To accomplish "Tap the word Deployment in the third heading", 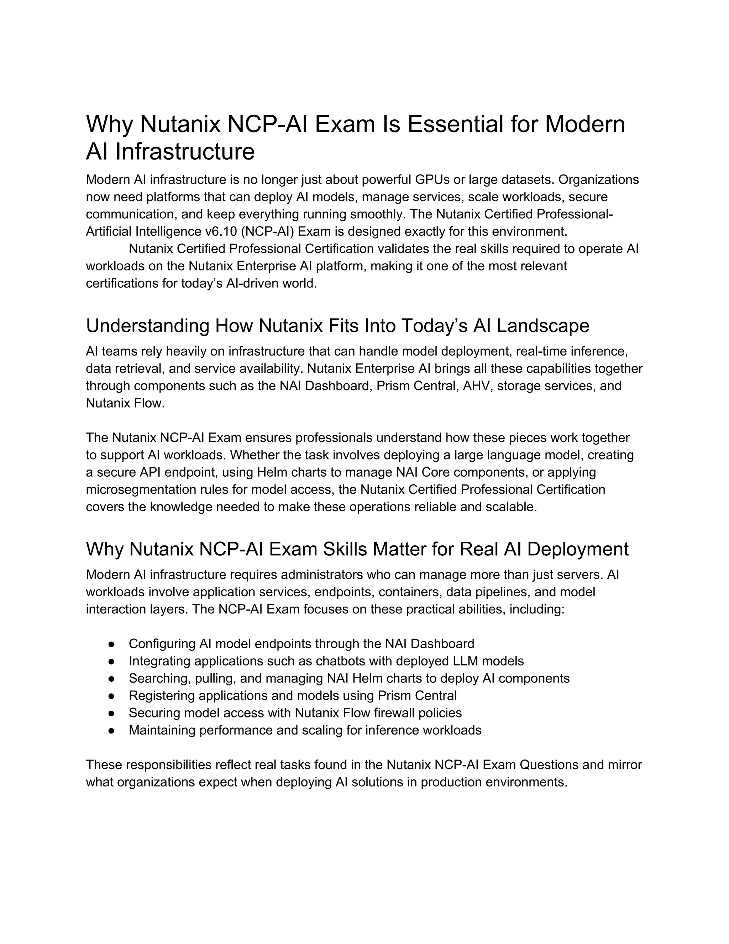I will coord(577,549).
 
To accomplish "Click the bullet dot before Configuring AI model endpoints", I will coord(111,644).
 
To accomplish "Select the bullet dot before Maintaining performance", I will coord(111,731).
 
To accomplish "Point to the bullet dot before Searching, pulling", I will coord(111,679).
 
